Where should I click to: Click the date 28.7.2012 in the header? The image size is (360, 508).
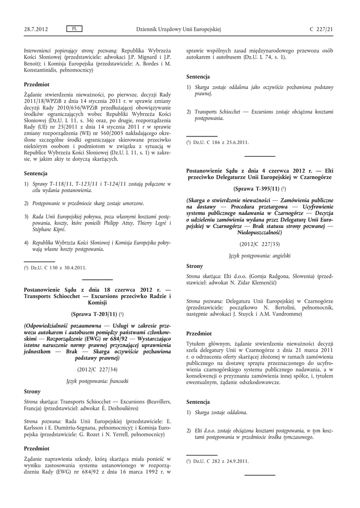click(36, 29)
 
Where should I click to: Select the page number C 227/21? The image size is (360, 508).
click(321, 29)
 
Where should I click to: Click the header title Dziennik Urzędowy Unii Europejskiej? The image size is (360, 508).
click(178, 29)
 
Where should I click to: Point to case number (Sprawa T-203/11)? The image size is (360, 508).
click(94, 314)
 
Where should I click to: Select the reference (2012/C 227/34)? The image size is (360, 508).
click(97, 370)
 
